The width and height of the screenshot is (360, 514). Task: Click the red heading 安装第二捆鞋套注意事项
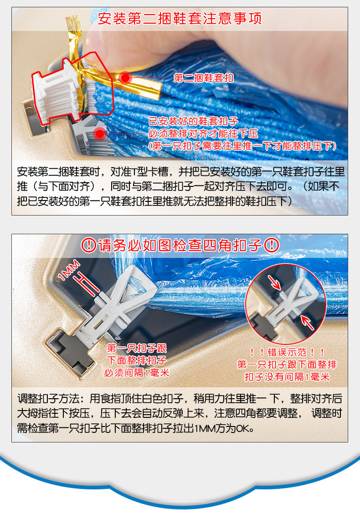click(180, 18)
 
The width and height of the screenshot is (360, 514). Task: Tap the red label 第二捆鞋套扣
click(203, 78)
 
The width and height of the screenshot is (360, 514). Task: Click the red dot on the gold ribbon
click(125, 77)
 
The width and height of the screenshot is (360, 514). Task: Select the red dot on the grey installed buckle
click(99, 134)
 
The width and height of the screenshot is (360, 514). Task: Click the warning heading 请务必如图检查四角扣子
click(180, 245)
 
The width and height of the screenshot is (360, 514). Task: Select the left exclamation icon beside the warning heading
click(88, 245)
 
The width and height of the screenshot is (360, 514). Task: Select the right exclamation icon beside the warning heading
click(272, 245)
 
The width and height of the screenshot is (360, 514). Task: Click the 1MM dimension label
click(69, 270)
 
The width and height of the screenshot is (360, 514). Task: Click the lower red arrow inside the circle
click(307, 322)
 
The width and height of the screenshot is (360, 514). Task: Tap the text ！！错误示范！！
click(287, 352)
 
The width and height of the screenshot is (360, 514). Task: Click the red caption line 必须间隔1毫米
click(137, 373)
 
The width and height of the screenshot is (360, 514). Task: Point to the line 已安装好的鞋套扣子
click(193, 121)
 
